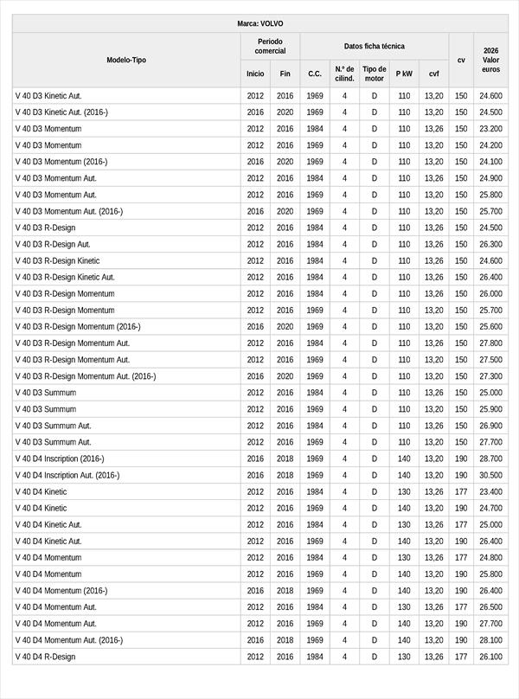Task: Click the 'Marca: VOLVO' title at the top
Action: point(259,23)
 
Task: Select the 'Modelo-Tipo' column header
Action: point(126,60)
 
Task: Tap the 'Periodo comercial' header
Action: point(270,46)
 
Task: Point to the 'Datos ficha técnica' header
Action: point(374,46)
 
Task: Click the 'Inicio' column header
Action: point(255,74)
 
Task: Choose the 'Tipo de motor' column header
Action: point(375,74)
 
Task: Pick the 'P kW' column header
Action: point(404,74)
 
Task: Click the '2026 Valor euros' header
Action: point(490,60)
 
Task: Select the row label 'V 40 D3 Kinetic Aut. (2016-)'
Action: point(61,112)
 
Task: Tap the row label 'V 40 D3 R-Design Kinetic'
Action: point(57,260)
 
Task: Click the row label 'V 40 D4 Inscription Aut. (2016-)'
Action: point(67,475)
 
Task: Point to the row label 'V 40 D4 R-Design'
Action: point(45,657)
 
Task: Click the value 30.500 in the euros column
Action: point(490,475)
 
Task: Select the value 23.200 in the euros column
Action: point(490,129)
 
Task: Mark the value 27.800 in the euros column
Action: point(490,343)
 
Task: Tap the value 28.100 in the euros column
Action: point(490,640)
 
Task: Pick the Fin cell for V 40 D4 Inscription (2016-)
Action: point(285,459)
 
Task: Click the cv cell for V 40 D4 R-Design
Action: point(461,657)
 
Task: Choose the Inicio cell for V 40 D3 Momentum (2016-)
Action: point(255,162)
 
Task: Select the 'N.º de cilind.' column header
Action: point(344,74)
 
